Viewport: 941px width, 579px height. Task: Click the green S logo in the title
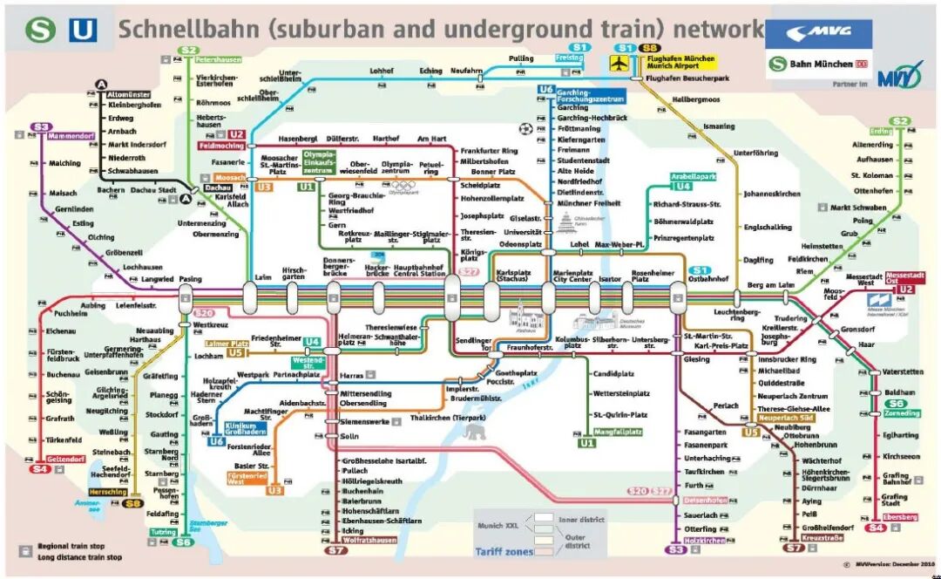[x=40, y=31]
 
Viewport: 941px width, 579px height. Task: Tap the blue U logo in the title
[x=84, y=31]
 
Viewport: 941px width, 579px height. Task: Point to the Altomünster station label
[x=129, y=93]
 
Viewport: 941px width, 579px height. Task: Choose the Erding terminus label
[x=881, y=132]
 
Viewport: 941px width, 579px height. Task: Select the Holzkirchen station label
[x=704, y=541]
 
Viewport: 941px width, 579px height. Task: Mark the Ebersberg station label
[x=900, y=517]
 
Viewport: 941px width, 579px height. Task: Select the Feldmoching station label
[x=220, y=146]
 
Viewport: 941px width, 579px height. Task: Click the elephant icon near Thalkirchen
[x=475, y=433]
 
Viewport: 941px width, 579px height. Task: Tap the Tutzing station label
[x=163, y=532]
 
